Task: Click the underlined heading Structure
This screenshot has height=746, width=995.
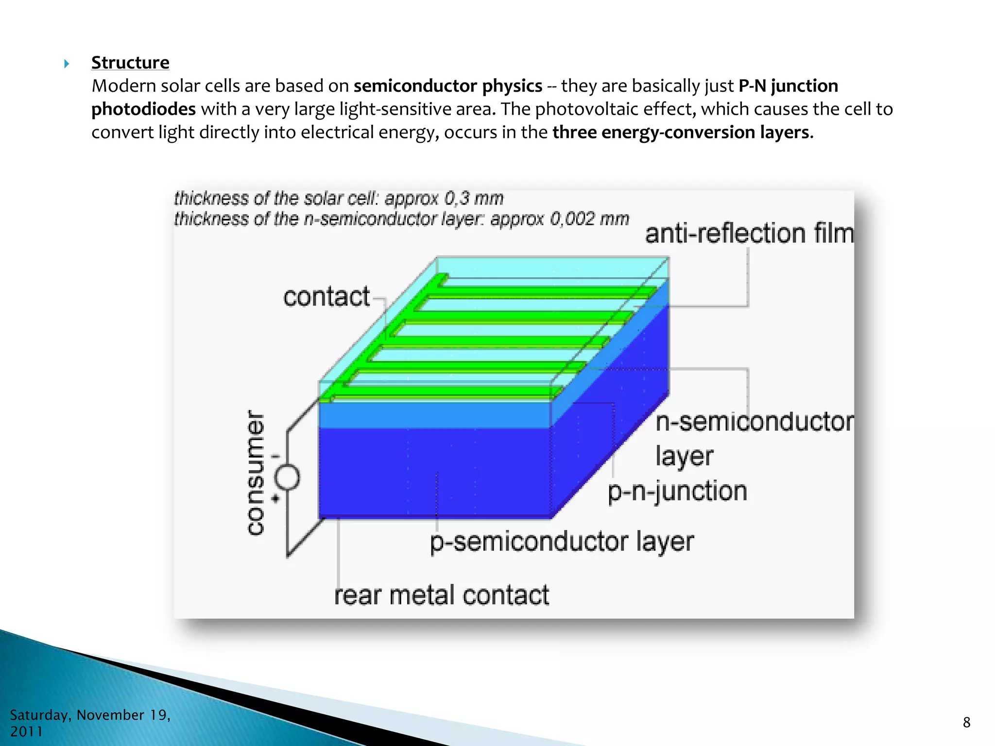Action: tap(130, 63)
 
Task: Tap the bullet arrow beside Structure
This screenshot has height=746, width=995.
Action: tap(67, 64)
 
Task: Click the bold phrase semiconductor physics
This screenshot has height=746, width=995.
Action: tap(447, 86)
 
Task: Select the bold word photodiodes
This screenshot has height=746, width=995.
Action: tap(143, 109)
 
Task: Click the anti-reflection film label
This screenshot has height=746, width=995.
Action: tap(749, 234)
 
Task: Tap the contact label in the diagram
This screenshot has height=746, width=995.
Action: tap(326, 297)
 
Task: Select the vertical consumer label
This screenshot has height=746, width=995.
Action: tap(256, 473)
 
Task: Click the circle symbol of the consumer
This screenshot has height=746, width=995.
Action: tap(288, 477)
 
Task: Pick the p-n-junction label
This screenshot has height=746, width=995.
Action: tap(677, 491)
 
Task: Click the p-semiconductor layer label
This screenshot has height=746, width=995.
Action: tap(562, 542)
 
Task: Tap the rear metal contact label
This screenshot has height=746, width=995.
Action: tap(442, 595)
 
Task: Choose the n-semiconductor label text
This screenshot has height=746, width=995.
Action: tap(754, 422)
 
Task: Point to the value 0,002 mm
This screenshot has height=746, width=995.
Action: tap(589, 219)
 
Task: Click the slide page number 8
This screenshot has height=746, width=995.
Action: tap(966, 723)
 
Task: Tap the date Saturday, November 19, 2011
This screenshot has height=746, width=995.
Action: tap(90, 723)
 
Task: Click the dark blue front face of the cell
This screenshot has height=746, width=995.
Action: tap(435, 471)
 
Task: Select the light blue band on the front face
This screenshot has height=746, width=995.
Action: tap(435, 414)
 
